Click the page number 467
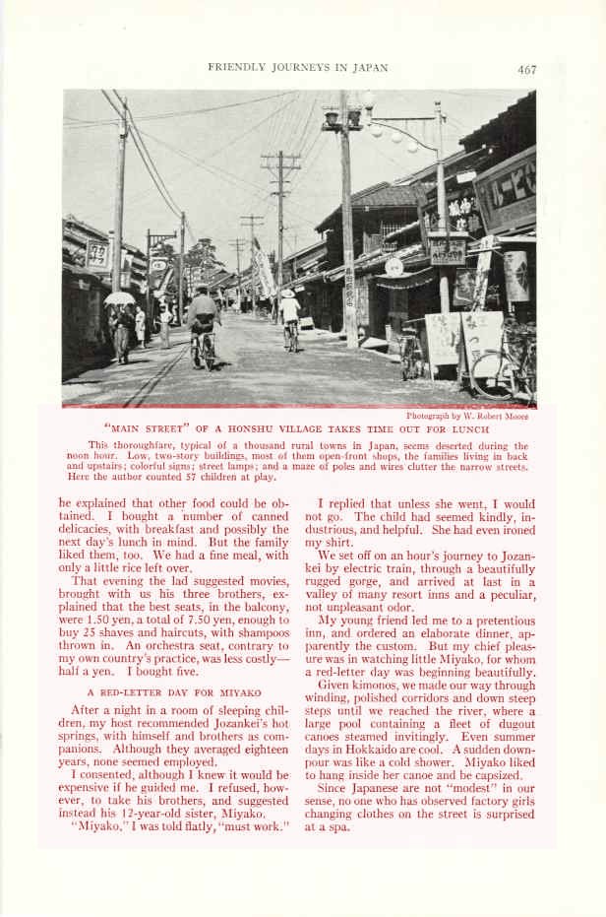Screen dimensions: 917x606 point(526,69)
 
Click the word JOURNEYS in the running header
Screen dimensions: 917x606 point(296,68)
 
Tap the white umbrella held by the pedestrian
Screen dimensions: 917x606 point(119,298)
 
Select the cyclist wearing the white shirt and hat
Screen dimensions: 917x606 point(289,314)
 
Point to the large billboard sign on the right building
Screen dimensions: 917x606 point(505,192)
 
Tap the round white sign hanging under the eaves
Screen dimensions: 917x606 point(394,266)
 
